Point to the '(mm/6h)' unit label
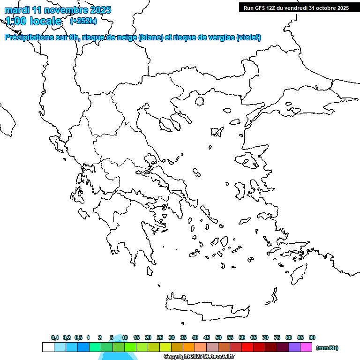point(327,348)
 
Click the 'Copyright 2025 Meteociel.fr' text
point(199,356)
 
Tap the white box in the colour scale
point(48,347)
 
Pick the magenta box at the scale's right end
point(306,347)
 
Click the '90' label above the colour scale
point(312,337)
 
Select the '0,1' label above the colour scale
point(55,337)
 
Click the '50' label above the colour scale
point(218,337)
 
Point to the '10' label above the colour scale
point(125,337)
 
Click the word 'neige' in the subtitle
point(126,37)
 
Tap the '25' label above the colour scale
point(160,337)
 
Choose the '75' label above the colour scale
point(277,337)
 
